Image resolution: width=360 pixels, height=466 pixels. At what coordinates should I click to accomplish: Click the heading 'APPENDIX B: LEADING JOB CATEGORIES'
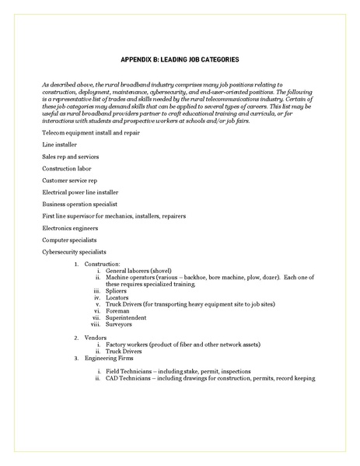tap(180, 59)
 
